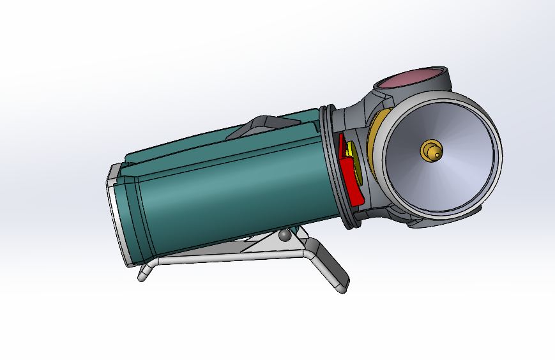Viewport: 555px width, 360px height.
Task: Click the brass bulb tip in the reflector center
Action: pos(430,151)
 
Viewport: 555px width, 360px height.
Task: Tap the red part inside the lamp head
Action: pos(349,179)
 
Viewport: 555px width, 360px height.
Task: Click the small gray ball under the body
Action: pos(285,236)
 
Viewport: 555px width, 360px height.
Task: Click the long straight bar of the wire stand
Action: pos(230,259)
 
